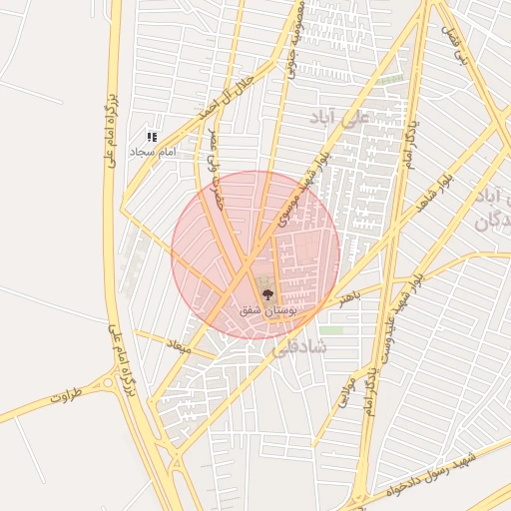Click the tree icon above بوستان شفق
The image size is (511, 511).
(x=266, y=294)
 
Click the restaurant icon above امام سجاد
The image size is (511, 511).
(x=152, y=137)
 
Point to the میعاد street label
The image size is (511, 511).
(x=180, y=346)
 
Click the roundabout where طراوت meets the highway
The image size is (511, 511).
(x=107, y=383)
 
